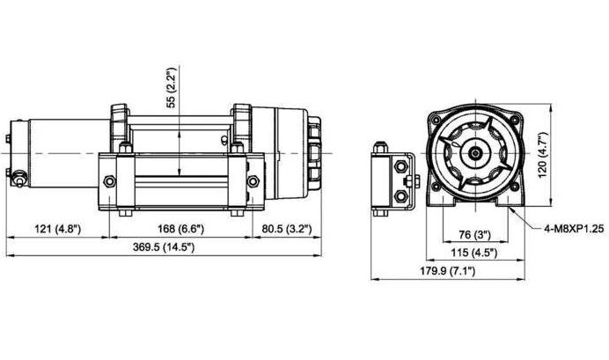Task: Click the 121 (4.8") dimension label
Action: [58, 229]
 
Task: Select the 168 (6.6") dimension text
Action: [180, 229]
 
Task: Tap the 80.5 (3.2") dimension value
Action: [287, 229]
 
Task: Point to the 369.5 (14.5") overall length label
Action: [164, 247]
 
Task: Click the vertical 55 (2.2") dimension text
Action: [171, 87]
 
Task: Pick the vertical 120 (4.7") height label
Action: [543, 155]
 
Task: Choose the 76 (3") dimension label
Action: [475, 234]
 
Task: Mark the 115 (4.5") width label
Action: [474, 253]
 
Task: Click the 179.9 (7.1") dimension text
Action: [447, 271]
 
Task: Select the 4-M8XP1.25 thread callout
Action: [574, 229]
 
